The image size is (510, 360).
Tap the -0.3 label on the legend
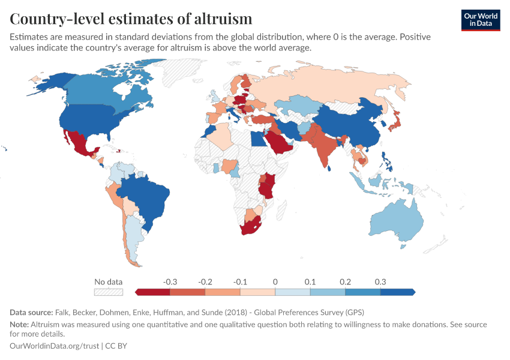pos(170,281)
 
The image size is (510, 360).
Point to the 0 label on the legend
pos(275,281)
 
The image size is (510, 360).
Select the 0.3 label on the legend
pos(380,281)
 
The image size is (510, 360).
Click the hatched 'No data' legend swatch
pos(108,292)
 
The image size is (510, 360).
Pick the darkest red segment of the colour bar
pos(154,292)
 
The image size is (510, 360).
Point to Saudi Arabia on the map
pos(280,143)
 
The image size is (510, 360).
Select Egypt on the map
pos(256,139)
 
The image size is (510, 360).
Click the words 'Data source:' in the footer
pos(31,313)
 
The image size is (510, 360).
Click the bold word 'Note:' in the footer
pos(19,325)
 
